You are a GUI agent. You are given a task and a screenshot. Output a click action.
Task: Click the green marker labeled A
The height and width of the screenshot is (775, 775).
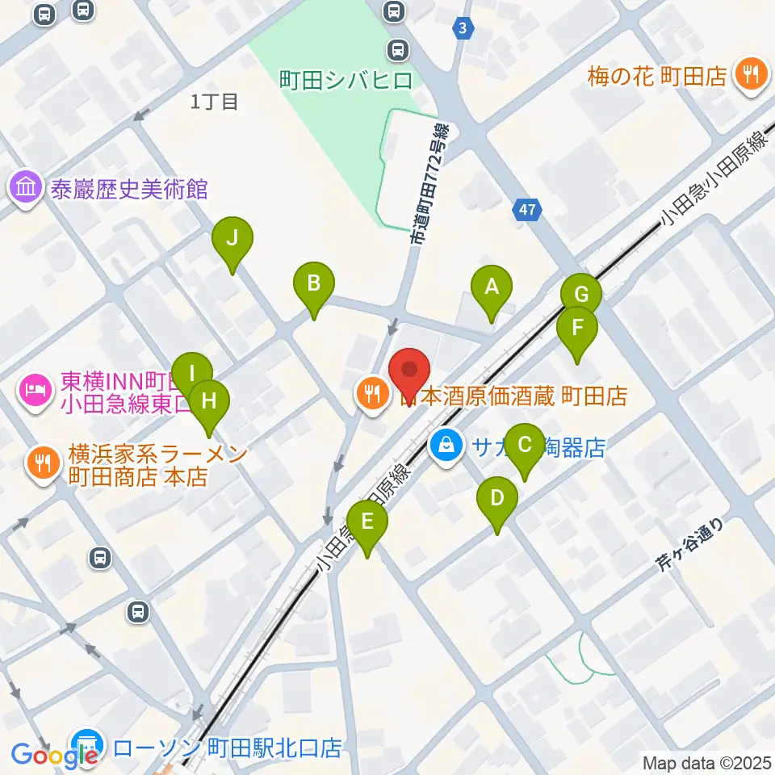pos(492,288)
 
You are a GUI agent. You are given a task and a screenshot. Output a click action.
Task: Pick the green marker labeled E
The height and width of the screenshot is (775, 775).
pos(367,523)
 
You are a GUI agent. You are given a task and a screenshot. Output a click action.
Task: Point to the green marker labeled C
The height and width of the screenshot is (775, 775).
pos(524,446)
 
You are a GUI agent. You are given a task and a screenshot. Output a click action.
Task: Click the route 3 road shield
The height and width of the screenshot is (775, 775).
pos(462,28)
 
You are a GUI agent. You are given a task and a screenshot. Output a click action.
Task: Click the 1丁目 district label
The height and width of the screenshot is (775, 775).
pos(215,102)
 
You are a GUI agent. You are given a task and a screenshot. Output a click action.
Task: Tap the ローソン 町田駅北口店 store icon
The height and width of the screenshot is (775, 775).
pos(86,744)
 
